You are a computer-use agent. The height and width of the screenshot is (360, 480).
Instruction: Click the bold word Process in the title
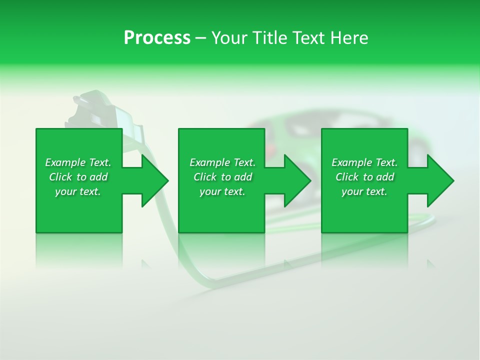pos(157,38)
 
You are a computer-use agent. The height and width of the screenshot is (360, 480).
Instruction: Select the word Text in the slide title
pos(308,38)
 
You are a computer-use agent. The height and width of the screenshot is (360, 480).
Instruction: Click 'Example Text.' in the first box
pos(78,162)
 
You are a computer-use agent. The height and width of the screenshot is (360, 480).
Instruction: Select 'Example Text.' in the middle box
pos(222,162)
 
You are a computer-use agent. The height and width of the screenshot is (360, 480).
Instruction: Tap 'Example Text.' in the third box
pos(364,162)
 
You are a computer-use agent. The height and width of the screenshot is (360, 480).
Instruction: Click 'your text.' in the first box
pos(78,191)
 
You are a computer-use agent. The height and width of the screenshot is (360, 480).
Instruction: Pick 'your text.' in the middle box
pos(222,191)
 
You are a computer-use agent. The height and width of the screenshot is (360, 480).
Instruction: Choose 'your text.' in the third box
pos(364,191)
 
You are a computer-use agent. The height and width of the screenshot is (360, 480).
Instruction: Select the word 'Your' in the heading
pos(227,38)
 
